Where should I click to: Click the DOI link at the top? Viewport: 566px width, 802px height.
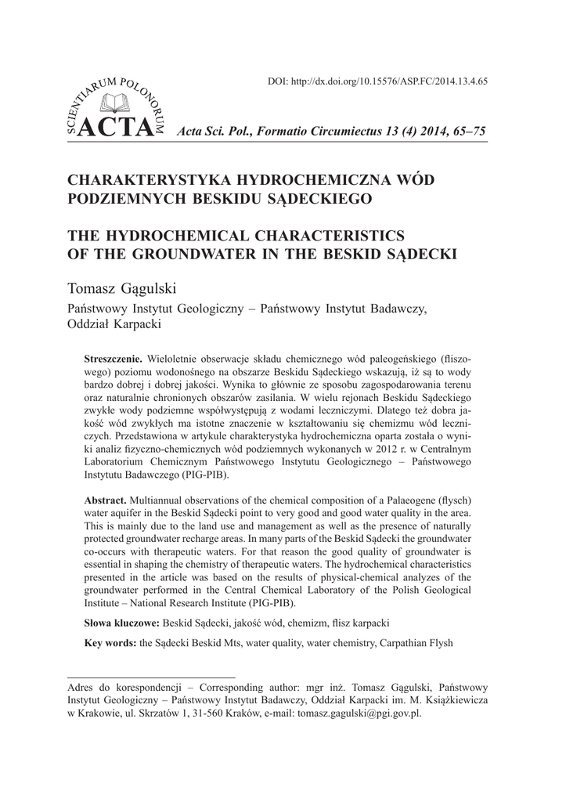378,81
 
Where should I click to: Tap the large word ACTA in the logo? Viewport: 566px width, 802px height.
105,131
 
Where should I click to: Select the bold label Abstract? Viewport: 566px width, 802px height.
106,500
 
